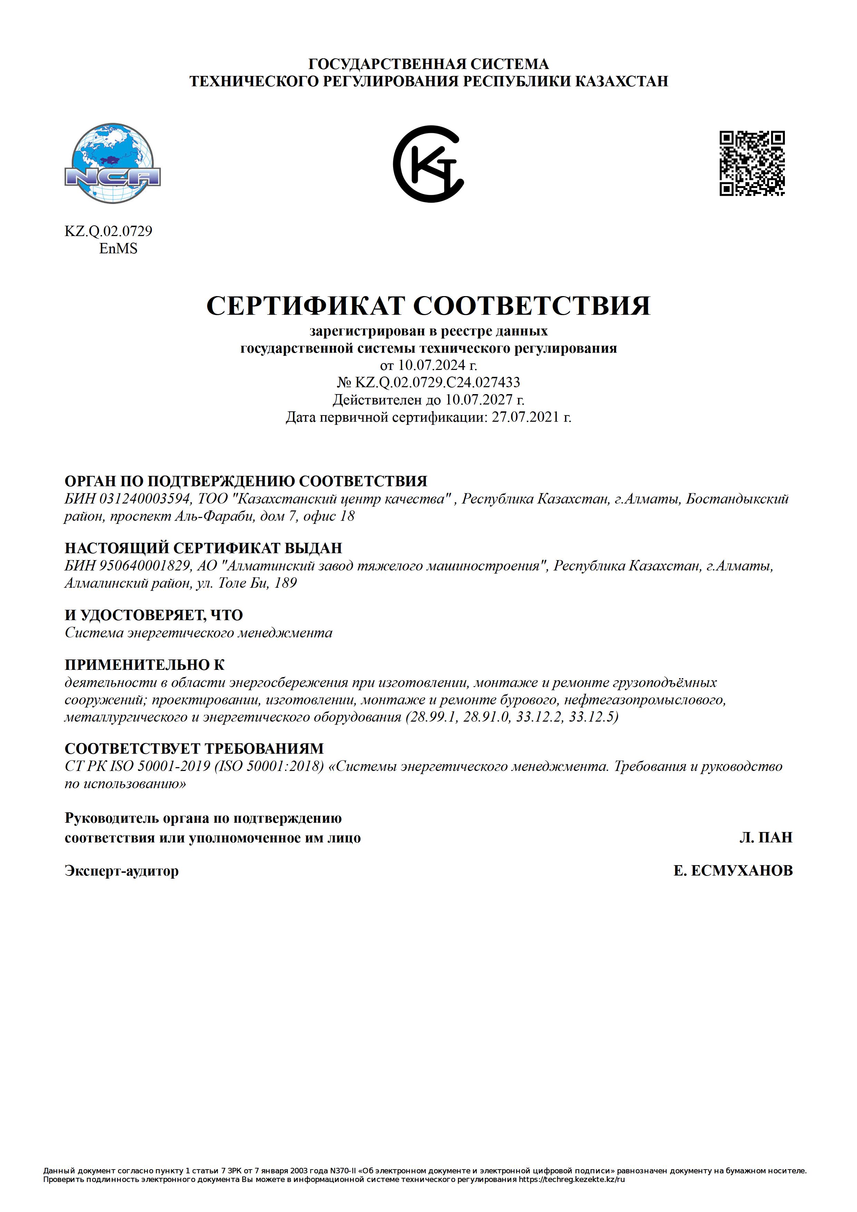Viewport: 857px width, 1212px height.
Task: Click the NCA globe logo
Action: pyautogui.click(x=113, y=163)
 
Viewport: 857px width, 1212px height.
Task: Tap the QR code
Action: pyautogui.click(x=752, y=164)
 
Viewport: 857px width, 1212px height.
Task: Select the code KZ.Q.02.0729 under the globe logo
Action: pyautogui.click(x=108, y=231)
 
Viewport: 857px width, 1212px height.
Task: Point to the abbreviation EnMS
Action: pyautogui.click(x=118, y=248)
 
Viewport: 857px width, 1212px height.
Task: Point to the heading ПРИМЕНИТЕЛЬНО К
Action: pyautogui.click(x=144, y=665)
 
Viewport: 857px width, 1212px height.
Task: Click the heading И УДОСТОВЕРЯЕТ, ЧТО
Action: pyautogui.click(x=154, y=615)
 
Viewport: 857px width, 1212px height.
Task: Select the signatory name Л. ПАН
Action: pyautogui.click(x=766, y=838)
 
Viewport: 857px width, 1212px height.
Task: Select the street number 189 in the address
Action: pyautogui.click(x=286, y=583)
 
